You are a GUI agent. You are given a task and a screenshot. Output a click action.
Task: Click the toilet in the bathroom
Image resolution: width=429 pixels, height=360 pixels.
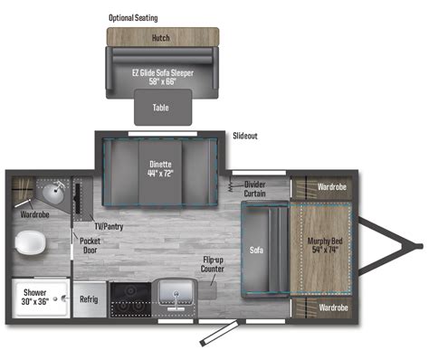(x=31, y=243)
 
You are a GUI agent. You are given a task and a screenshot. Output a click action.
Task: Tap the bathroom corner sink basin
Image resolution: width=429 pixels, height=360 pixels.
(x=53, y=193)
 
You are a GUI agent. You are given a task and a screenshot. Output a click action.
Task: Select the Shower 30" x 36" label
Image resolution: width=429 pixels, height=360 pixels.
(x=35, y=297)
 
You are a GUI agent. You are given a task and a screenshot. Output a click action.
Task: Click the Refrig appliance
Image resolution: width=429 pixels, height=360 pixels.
(x=89, y=299)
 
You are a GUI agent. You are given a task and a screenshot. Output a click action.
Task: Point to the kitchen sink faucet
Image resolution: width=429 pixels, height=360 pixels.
(x=176, y=301)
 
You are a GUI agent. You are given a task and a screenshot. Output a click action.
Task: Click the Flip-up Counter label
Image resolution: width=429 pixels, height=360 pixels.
(x=213, y=264)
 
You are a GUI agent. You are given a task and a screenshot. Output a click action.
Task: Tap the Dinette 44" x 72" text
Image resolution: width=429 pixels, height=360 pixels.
(x=160, y=169)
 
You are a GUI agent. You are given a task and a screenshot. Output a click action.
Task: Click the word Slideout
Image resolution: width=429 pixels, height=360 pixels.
(x=245, y=136)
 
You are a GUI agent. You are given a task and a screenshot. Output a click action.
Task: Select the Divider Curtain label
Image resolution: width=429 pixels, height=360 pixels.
(x=254, y=189)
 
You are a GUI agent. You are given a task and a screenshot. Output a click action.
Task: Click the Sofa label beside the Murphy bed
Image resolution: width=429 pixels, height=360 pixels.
(x=256, y=250)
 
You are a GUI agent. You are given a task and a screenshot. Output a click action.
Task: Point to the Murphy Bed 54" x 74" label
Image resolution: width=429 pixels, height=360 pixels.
(x=325, y=245)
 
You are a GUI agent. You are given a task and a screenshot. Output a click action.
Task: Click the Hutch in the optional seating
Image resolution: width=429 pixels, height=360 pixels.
(x=163, y=37)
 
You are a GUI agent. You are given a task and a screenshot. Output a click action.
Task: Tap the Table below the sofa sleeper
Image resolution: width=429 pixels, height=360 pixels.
(x=163, y=107)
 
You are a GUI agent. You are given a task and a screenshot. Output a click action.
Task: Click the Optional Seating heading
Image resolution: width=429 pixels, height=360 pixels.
(x=133, y=18)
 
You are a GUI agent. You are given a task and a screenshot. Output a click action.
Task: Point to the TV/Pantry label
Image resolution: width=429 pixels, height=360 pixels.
(x=109, y=226)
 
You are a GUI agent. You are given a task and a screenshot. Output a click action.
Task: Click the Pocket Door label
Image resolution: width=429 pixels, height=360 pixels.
(x=90, y=245)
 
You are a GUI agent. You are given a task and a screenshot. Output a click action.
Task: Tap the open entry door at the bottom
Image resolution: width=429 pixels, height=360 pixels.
(x=219, y=333)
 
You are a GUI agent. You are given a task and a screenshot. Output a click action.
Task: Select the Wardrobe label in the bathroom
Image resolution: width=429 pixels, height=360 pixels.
(x=34, y=214)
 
